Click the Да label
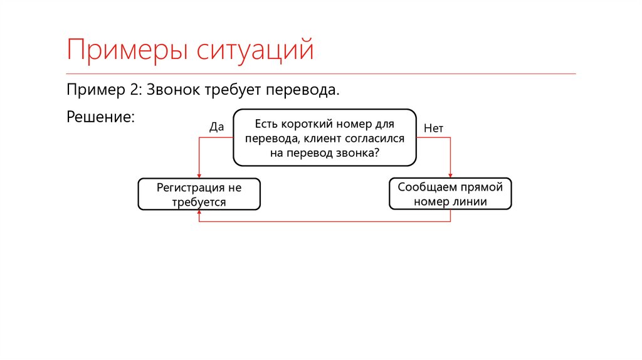pos(216,127)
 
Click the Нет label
pos(433,127)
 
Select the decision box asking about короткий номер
pos(324,138)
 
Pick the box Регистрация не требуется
pos(199,194)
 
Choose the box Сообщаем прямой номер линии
pos(450,194)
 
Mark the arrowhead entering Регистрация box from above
pos(199,176)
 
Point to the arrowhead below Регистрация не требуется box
pos(199,213)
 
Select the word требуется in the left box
pos(199,202)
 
